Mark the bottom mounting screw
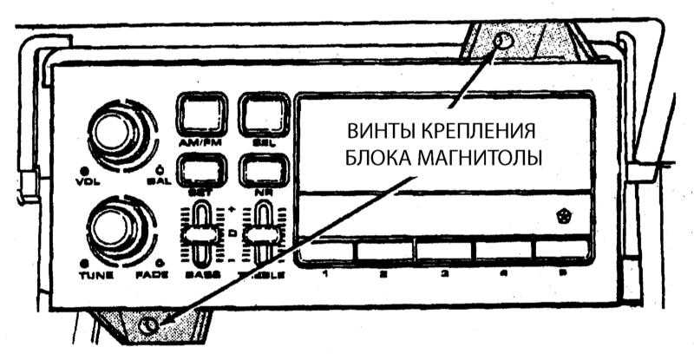(x=149, y=326)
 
